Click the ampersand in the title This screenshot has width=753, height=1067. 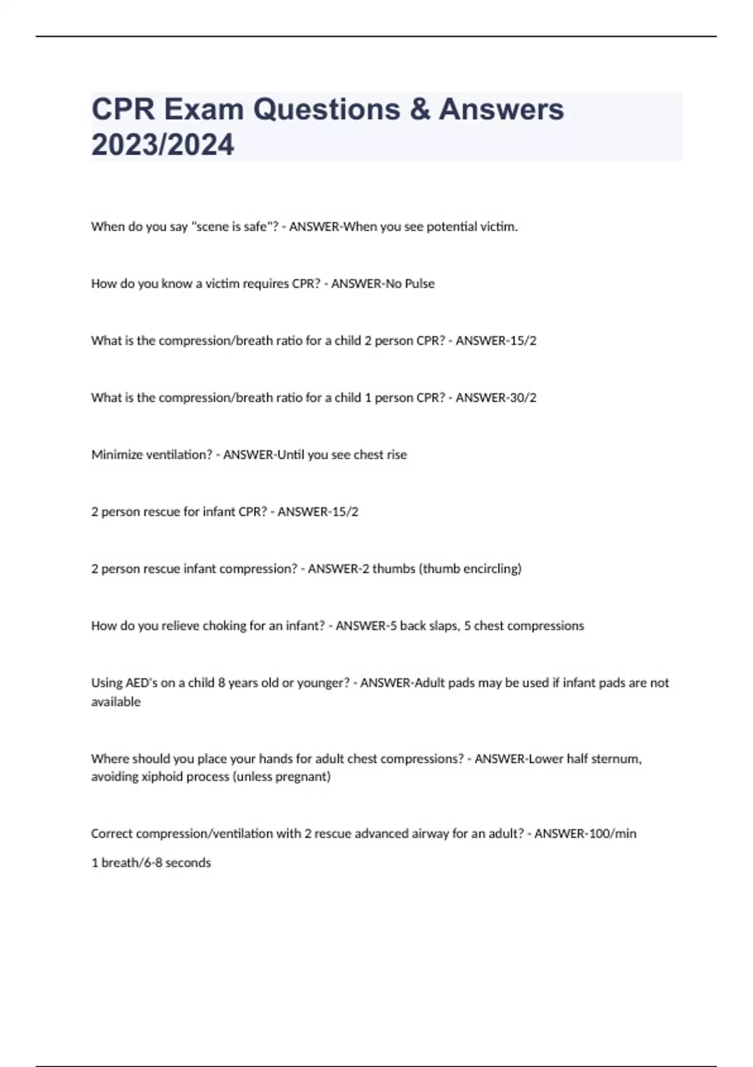click(x=419, y=109)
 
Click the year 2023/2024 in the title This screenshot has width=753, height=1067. click(x=163, y=144)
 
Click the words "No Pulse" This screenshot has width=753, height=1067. click(x=410, y=284)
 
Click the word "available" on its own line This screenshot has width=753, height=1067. click(x=116, y=702)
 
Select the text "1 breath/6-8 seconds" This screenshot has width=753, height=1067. click(x=151, y=863)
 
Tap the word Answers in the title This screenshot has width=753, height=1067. click(x=501, y=109)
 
